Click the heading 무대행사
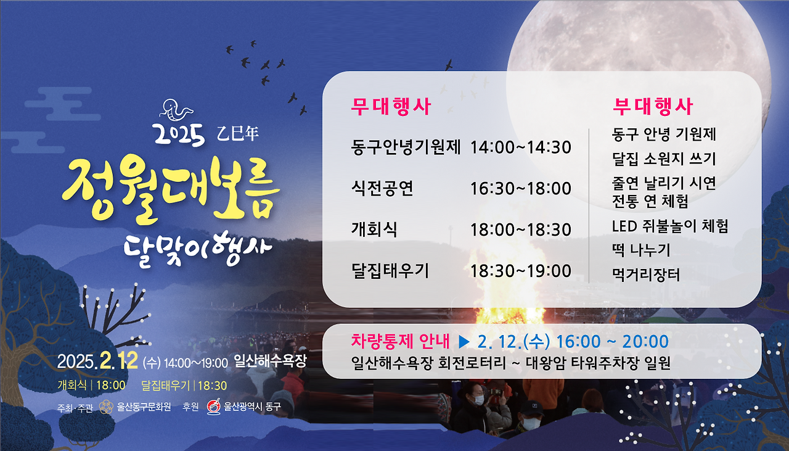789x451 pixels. tap(391, 107)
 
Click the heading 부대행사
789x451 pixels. tap(653, 107)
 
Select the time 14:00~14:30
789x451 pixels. tap(521, 148)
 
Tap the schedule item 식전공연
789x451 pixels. tap(382, 188)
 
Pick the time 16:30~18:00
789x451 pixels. tap(521, 189)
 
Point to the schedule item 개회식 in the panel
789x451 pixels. tap(374, 230)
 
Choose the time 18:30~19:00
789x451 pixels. tap(521, 271)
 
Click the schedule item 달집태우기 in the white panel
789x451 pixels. tap(390, 270)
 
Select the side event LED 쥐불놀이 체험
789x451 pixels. tap(670, 226)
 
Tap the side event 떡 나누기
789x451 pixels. tap(641, 250)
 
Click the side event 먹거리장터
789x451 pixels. tap(646, 275)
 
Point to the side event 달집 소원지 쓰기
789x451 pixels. tap(664, 159)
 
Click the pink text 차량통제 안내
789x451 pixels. tap(401, 341)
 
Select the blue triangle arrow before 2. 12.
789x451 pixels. tap(464, 342)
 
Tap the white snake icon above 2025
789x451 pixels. tap(176, 110)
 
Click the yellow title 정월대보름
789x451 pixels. tap(171, 189)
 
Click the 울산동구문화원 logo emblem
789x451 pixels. tap(106, 407)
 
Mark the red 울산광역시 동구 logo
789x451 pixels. tap(213, 407)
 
